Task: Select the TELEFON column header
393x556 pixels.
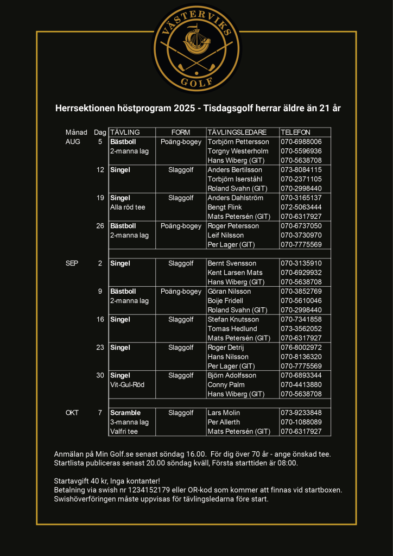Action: pyautogui.click(x=295, y=132)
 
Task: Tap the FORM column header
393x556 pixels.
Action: pyautogui.click(x=181, y=132)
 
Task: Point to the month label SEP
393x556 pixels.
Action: pyautogui.click(x=72, y=263)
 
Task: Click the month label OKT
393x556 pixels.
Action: pyautogui.click(x=72, y=413)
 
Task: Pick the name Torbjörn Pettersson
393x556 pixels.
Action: pyautogui.click(x=238, y=142)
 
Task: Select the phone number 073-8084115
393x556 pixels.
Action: pyautogui.click(x=301, y=170)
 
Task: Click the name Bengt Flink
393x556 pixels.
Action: pyautogui.click(x=225, y=207)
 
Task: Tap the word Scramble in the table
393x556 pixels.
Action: pyautogui.click(x=125, y=413)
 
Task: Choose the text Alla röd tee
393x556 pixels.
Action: pyautogui.click(x=128, y=207)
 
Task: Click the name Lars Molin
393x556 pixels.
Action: pyautogui.click(x=224, y=413)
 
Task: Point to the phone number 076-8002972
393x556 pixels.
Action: pyautogui.click(x=301, y=347)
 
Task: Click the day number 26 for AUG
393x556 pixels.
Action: pyautogui.click(x=100, y=226)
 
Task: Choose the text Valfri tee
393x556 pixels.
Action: pyautogui.click(x=124, y=432)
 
